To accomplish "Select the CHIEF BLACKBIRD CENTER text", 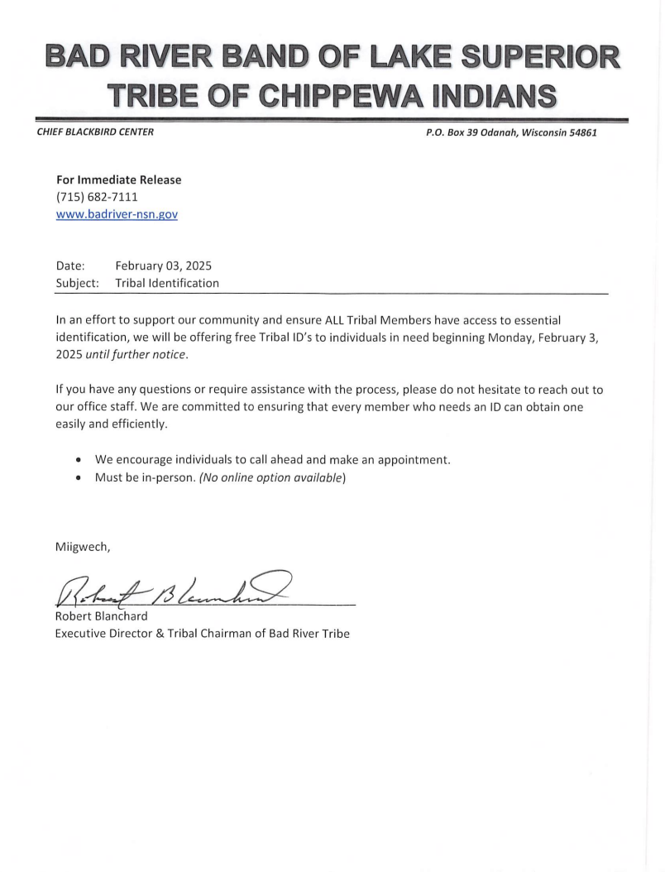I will coord(94,132).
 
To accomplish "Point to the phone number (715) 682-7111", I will coord(97,197).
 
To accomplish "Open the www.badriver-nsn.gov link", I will coord(117,213).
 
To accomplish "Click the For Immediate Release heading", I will coord(118,180).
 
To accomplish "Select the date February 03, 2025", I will coord(164,266).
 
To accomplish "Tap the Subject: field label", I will coord(78,283).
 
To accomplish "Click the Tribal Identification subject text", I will coord(167,283).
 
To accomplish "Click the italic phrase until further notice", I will coord(136,355).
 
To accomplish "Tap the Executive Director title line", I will coord(202,634).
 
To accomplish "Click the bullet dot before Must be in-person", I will coord(78,478).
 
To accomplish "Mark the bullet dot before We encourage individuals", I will coord(78,460).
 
